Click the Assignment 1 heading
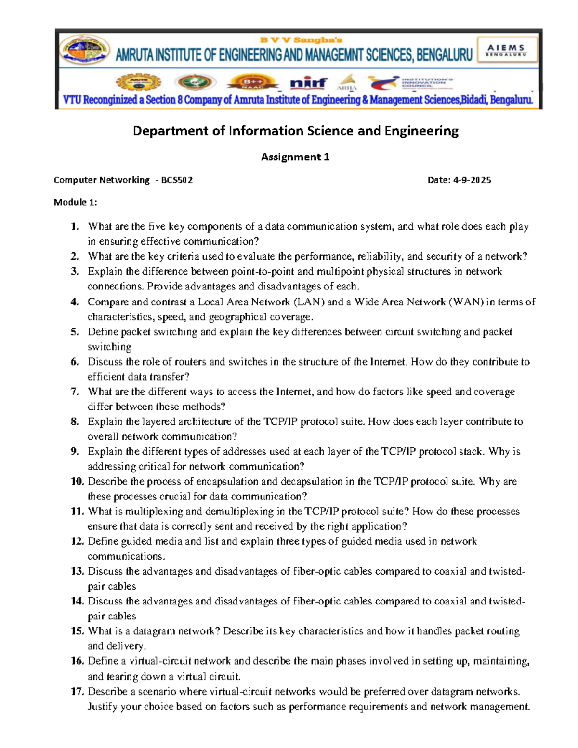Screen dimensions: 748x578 (295, 157)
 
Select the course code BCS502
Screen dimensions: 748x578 (177, 180)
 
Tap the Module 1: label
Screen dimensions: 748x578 (75, 202)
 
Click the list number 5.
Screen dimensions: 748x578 (74, 332)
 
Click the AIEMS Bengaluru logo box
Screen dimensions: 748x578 (507, 50)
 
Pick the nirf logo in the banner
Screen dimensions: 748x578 (309, 83)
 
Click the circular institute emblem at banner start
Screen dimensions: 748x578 (85, 50)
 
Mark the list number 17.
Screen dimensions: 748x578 (77, 691)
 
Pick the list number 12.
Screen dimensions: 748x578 (77, 541)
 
